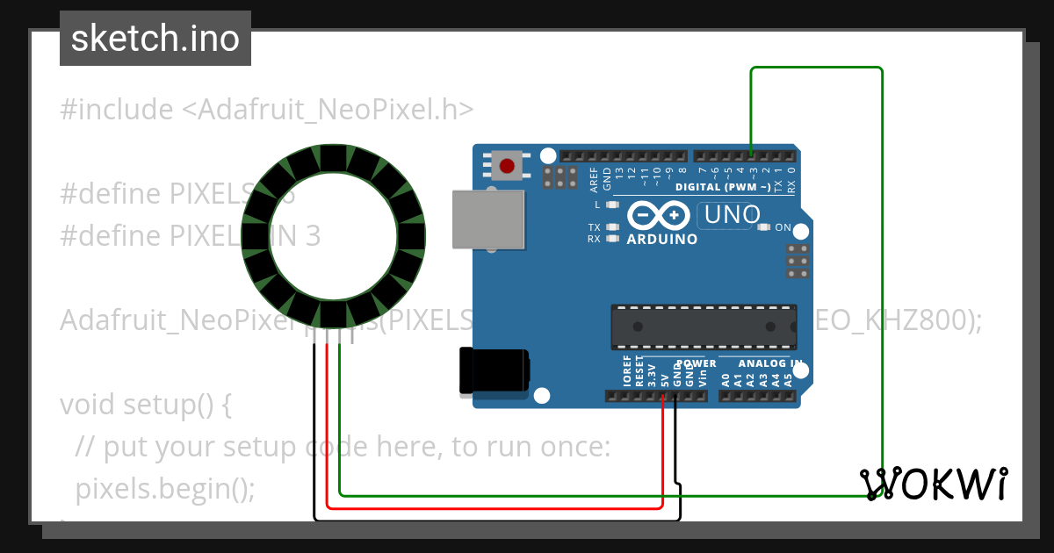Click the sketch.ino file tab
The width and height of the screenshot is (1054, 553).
[x=155, y=39]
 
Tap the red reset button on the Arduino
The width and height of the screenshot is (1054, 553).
[x=506, y=165]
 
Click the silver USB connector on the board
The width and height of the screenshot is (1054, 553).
[x=488, y=219]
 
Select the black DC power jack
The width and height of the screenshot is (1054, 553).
[x=494, y=370]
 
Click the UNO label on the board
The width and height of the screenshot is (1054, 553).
[x=731, y=213]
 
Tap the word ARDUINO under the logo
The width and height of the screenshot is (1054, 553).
[x=662, y=239]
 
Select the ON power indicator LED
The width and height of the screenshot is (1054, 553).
[x=763, y=228]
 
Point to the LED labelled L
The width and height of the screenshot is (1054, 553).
[x=613, y=205]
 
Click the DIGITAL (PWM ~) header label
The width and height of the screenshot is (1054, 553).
[x=723, y=187]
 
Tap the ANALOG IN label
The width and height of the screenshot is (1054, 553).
[x=769, y=363]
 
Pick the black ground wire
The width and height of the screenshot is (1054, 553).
[x=492, y=520]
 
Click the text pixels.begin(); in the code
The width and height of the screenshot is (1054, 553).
[x=166, y=488]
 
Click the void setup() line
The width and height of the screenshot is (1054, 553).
[x=145, y=405]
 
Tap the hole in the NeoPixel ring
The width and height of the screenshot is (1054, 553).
[x=333, y=235]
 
